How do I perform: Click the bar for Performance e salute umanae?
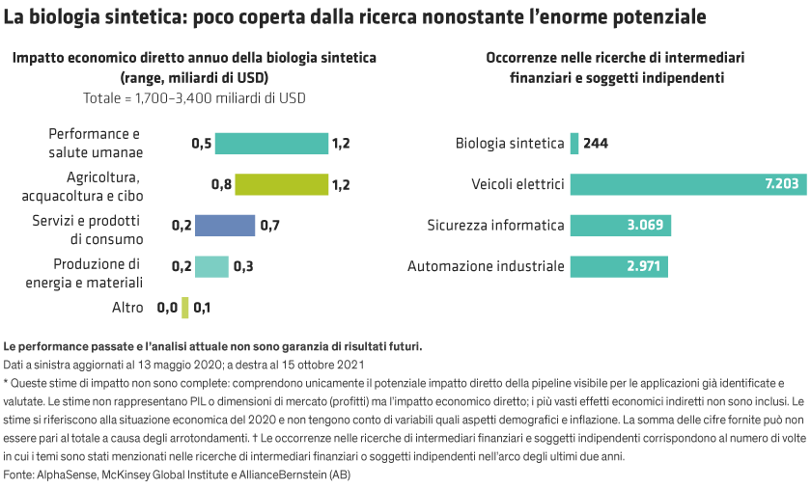(x=271, y=144)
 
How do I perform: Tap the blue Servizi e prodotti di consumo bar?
(x=225, y=225)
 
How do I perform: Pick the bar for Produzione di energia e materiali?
(x=211, y=266)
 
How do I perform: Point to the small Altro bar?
(x=185, y=308)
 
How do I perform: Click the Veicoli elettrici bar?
(x=687, y=184)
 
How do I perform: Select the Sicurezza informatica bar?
(x=621, y=225)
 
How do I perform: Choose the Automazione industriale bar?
(x=618, y=266)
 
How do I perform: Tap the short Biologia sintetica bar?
(x=574, y=144)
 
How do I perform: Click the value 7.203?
(x=780, y=184)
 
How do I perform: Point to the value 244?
(x=596, y=144)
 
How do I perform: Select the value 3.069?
(x=644, y=225)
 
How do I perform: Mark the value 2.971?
(x=641, y=266)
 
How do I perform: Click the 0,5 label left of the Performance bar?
(x=202, y=144)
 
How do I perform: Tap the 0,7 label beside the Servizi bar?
(x=270, y=225)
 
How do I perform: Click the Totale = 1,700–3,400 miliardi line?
(x=194, y=97)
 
